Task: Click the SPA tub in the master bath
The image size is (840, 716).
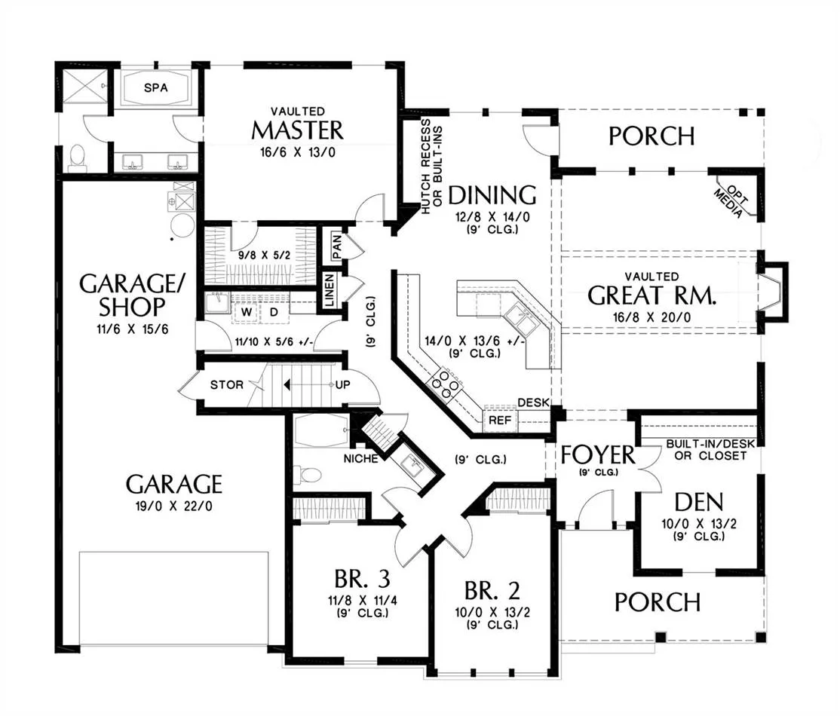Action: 155,87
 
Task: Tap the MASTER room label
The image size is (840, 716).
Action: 297,130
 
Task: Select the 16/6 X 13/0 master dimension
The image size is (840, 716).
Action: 297,153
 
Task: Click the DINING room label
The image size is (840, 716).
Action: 492,195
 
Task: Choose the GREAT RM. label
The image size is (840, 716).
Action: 651,295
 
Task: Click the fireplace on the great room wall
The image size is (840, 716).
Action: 771,292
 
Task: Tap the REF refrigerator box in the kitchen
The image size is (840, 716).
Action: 501,420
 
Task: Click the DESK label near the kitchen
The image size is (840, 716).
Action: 534,402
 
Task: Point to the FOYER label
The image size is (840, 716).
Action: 598,455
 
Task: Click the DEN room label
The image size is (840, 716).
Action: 698,502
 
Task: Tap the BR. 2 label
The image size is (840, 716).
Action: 492,591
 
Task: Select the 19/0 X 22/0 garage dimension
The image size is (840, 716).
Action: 173,506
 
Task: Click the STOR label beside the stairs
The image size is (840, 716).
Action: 227,384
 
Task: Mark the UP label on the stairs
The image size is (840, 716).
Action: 342,384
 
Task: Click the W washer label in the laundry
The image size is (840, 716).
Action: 247,312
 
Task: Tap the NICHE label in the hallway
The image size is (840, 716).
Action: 360,458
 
